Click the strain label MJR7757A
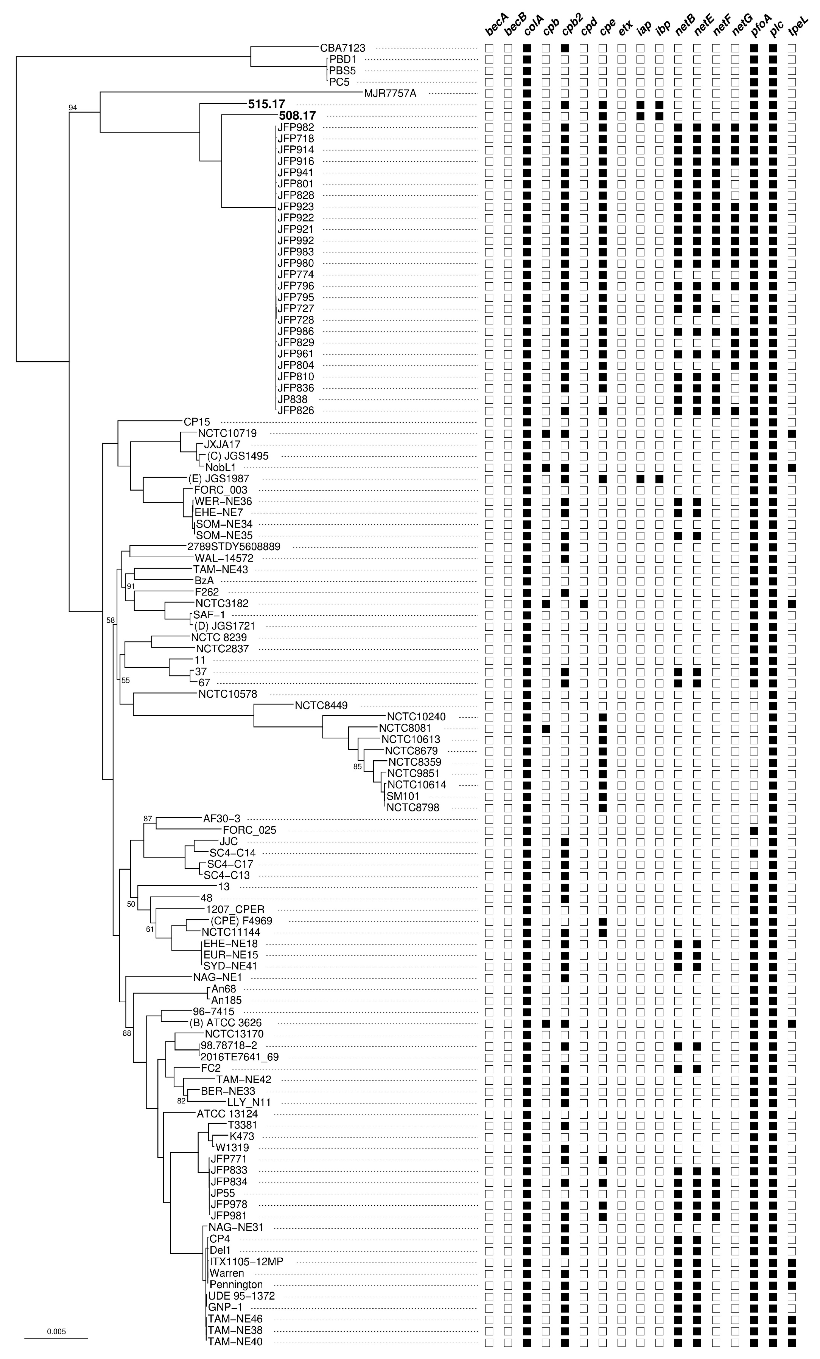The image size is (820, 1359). pyautogui.click(x=390, y=93)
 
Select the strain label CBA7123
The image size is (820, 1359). pyautogui.click(x=342, y=48)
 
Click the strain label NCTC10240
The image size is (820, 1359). pyautogui.click(x=420, y=717)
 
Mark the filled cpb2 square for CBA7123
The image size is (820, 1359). pyautogui.click(x=565, y=48)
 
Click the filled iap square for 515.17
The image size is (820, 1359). pyautogui.click(x=640, y=104)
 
